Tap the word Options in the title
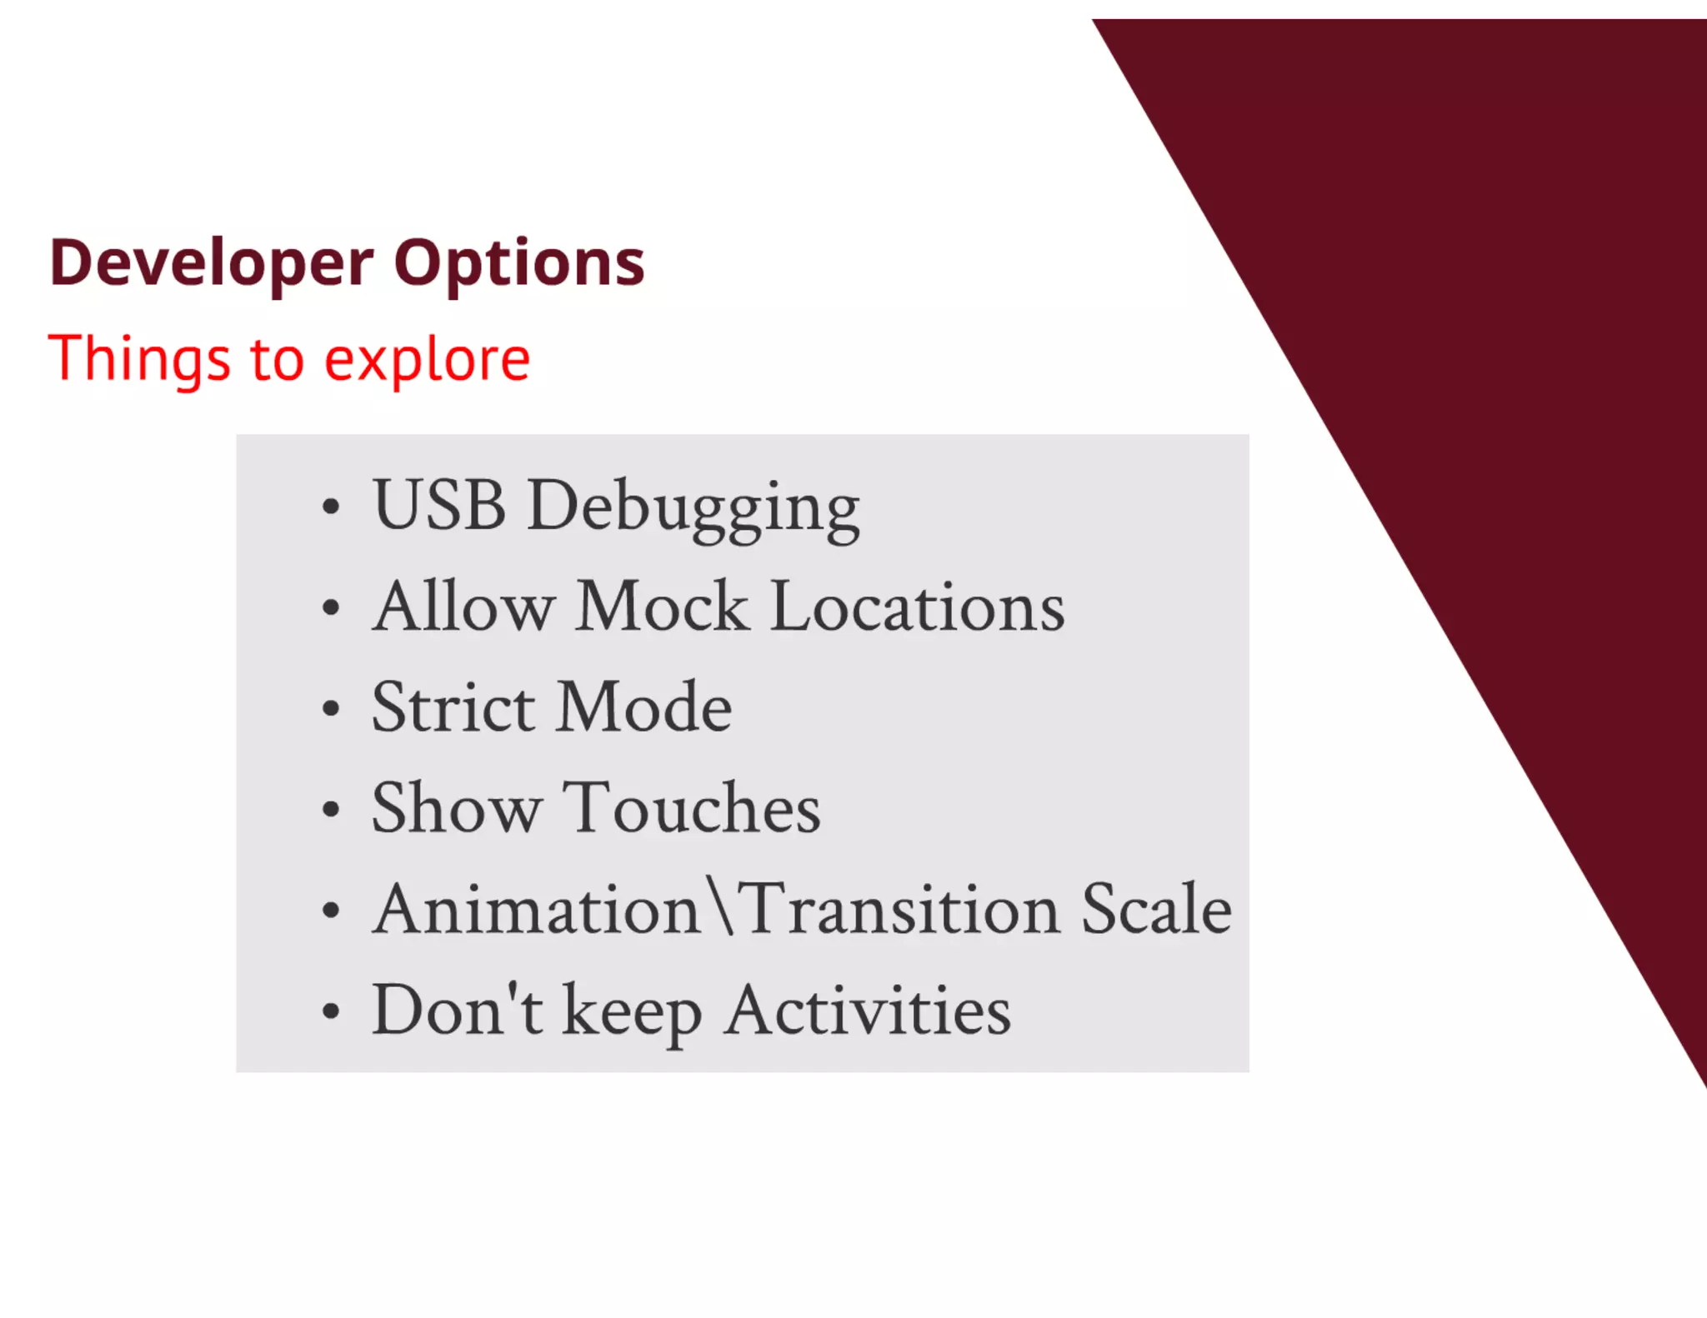[x=518, y=263]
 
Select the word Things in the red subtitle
[x=138, y=359]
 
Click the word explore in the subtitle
[x=427, y=361]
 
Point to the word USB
[x=439, y=505]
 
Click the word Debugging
[x=693, y=508]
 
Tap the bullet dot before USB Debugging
[x=331, y=507]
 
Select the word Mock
[x=662, y=607]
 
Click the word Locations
[x=917, y=607]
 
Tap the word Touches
[x=691, y=808]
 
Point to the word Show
[x=456, y=808]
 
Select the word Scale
[x=1156, y=909]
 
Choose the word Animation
[x=536, y=909]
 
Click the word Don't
[x=457, y=1010]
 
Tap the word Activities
[x=867, y=1010]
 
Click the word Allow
[x=463, y=607]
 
